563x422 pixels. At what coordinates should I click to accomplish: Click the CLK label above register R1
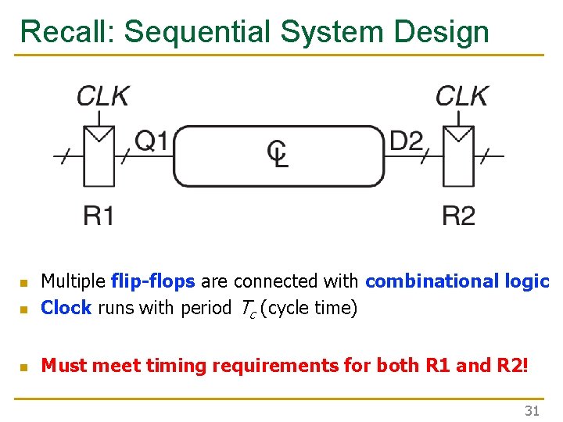click(x=103, y=96)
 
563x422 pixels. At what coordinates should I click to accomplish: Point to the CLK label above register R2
click(x=462, y=96)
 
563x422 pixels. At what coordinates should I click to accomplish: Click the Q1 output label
click(x=152, y=141)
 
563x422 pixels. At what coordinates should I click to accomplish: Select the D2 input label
click(x=406, y=141)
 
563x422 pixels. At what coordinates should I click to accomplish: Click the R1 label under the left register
click(x=99, y=216)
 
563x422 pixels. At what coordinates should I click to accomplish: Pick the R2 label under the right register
click(x=458, y=216)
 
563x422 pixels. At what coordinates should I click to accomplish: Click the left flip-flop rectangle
click(x=99, y=156)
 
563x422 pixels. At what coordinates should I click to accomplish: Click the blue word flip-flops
click(x=152, y=281)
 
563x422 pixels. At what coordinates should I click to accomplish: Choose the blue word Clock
click(x=66, y=308)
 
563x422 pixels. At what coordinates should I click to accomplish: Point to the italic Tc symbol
click(x=245, y=309)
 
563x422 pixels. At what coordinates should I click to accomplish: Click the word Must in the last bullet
click(x=63, y=365)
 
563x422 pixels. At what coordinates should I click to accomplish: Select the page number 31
click(x=532, y=411)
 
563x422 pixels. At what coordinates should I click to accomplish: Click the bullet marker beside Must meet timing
click(x=24, y=366)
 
